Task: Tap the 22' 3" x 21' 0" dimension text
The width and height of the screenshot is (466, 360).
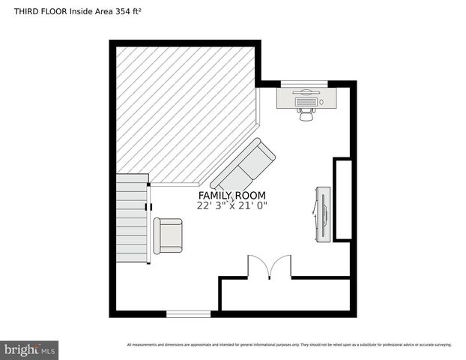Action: click(232, 205)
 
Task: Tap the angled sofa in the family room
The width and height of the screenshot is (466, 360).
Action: click(243, 165)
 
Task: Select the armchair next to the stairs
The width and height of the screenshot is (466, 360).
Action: click(167, 235)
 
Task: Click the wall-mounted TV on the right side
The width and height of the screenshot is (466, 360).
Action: click(322, 213)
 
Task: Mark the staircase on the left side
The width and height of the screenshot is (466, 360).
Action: click(132, 217)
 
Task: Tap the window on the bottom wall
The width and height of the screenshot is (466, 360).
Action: click(188, 313)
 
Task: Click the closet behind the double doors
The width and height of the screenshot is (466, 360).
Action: click(285, 294)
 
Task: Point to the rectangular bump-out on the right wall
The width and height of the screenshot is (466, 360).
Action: click(342, 199)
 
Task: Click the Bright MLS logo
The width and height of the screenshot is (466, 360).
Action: click(29, 349)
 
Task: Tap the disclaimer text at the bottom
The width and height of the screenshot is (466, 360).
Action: click(288, 345)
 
